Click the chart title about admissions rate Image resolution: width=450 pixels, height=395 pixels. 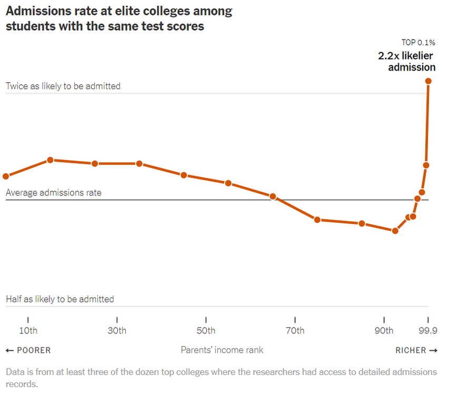119,18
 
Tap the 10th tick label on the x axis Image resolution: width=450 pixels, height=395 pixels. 28,331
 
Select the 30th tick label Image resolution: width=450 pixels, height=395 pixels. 117,331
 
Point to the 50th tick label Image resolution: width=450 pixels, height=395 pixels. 206,331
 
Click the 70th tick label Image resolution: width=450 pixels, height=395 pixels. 295,331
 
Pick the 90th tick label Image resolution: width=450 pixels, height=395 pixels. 384,331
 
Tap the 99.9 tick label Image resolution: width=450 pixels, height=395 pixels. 428,331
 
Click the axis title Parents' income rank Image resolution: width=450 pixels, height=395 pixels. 222,350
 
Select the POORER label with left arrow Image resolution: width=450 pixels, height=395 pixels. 28,350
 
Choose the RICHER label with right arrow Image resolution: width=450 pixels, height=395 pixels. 416,350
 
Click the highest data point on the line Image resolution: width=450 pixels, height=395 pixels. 428,81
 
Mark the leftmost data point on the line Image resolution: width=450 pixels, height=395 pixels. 6,176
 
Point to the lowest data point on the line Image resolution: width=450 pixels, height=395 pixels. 395,230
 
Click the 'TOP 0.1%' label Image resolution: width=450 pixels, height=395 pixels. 418,43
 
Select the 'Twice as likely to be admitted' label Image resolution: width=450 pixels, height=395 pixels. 63,86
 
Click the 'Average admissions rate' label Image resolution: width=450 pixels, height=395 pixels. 54,193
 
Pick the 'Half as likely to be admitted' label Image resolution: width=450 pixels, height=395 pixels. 60,299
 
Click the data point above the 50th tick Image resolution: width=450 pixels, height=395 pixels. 184,175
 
